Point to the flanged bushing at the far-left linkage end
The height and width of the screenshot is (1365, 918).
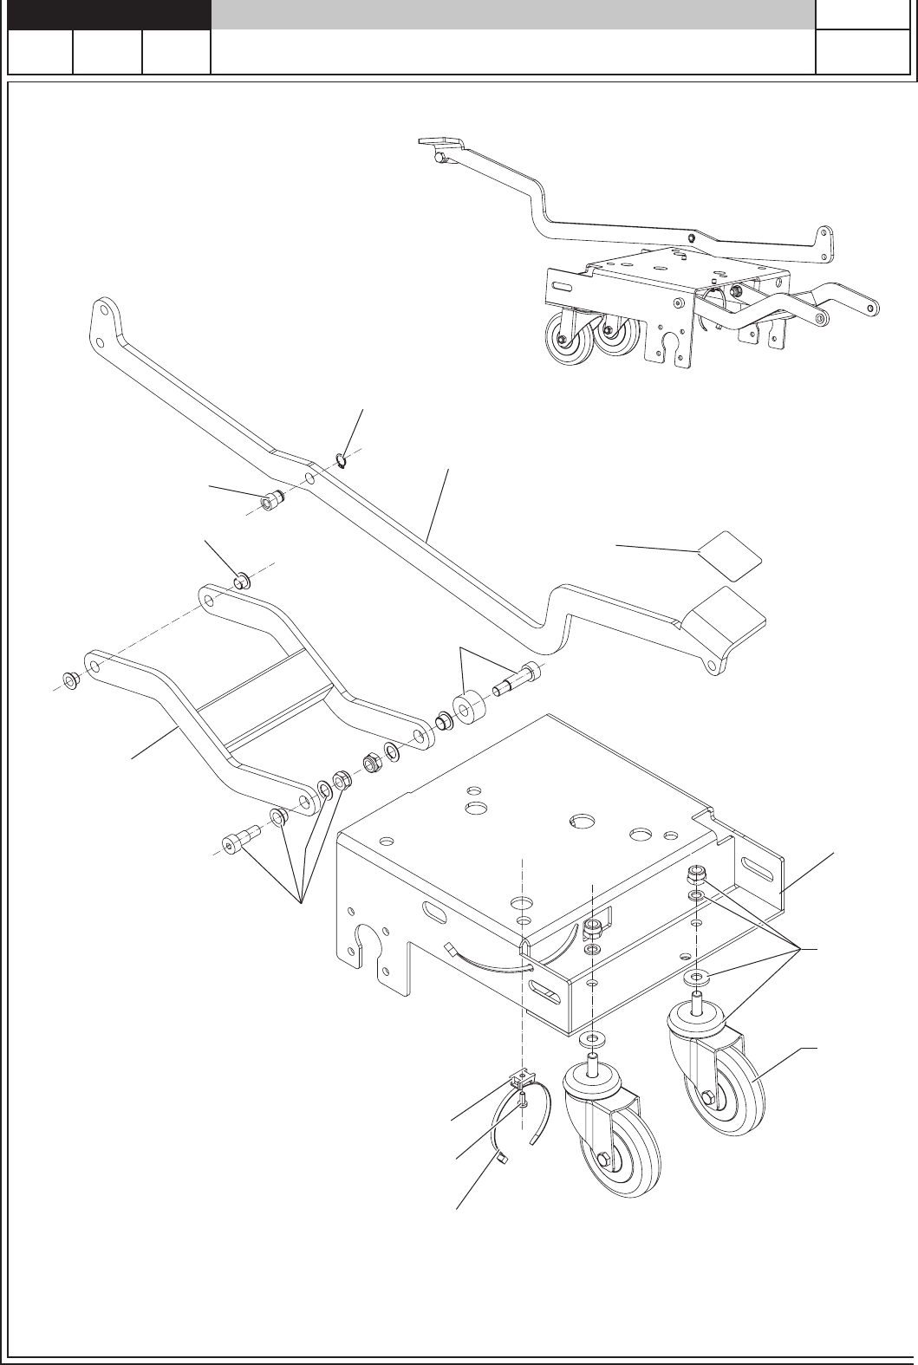[x=70, y=679]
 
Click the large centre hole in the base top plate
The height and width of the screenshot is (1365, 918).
[x=578, y=819]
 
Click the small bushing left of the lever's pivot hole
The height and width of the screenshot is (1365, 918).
[x=272, y=501]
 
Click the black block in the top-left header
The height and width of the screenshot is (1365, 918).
[x=109, y=14]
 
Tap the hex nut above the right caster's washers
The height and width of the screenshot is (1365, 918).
[x=695, y=873]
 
